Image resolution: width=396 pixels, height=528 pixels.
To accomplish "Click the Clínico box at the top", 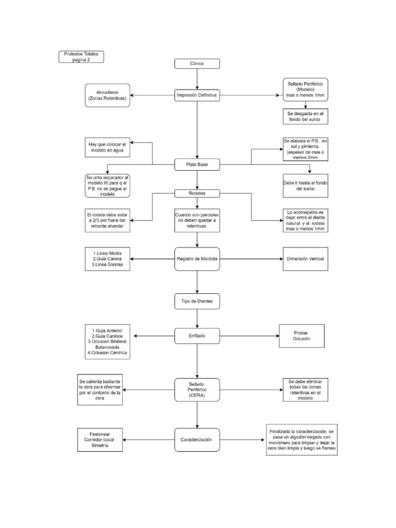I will click(197, 63).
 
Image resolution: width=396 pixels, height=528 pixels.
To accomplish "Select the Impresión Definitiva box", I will click(197, 95).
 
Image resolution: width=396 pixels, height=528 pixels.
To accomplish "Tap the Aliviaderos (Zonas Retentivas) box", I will click(107, 95).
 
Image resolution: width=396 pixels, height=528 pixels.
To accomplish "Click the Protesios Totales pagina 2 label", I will click(81, 56).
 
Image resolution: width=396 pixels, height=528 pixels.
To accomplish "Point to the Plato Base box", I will click(197, 164).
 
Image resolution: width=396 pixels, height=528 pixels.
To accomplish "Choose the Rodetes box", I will click(197, 193).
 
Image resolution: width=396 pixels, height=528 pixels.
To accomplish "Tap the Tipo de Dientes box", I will click(197, 300).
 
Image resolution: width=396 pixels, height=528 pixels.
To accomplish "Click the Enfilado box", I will click(197, 335).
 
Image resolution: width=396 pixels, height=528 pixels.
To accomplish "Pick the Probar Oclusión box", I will click(301, 336).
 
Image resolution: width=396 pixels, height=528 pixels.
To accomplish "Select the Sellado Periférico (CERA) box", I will click(197, 390).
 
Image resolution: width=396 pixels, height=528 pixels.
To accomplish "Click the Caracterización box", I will click(197, 440).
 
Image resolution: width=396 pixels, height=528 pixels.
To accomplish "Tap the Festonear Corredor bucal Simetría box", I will click(100, 440).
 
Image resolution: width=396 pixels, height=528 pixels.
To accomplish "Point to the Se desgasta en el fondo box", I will click(305, 116).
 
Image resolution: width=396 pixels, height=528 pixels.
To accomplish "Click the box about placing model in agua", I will click(107, 147).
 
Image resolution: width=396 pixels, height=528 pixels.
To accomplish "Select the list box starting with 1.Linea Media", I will click(107, 258).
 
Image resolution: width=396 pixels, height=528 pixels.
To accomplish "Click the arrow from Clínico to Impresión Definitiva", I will click(197, 79).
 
